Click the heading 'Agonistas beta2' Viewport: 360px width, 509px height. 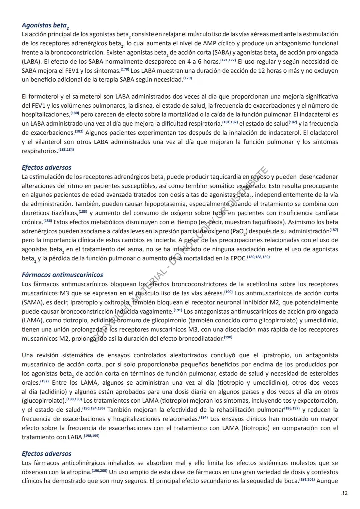click(45, 25)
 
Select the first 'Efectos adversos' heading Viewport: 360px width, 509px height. click(46, 167)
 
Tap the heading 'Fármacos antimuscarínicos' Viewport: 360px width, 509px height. click(62, 275)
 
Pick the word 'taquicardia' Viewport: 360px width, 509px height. click(223, 177)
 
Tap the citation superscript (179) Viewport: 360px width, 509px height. click(188, 79)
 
